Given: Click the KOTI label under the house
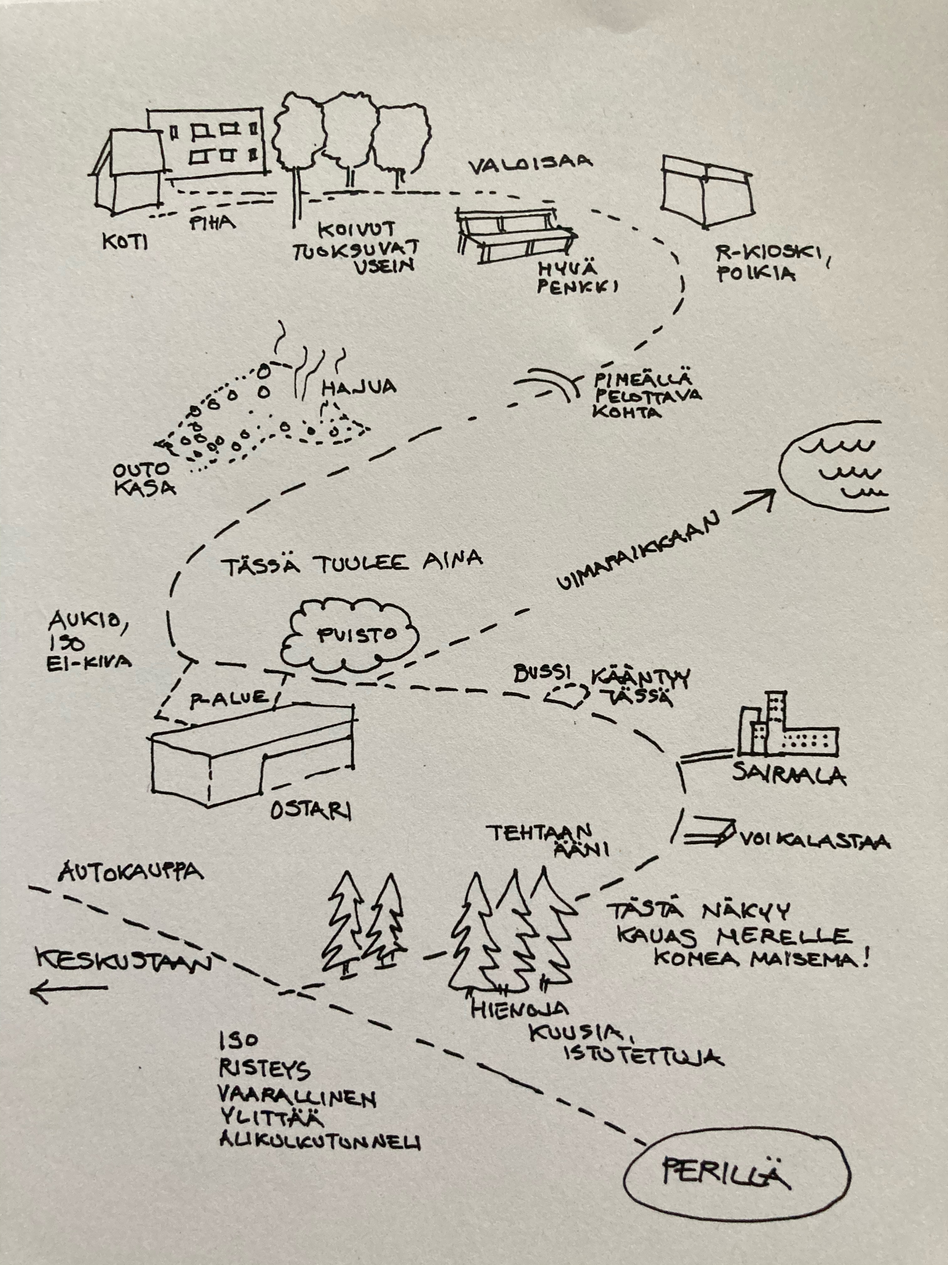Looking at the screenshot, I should (x=124, y=243).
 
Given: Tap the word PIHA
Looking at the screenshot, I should (x=212, y=223).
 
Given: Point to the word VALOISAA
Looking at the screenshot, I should (x=530, y=166).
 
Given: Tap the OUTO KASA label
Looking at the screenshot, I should (x=143, y=479).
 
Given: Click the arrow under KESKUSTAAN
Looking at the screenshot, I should (x=69, y=988).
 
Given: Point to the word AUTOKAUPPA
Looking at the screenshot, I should (x=131, y=873).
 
